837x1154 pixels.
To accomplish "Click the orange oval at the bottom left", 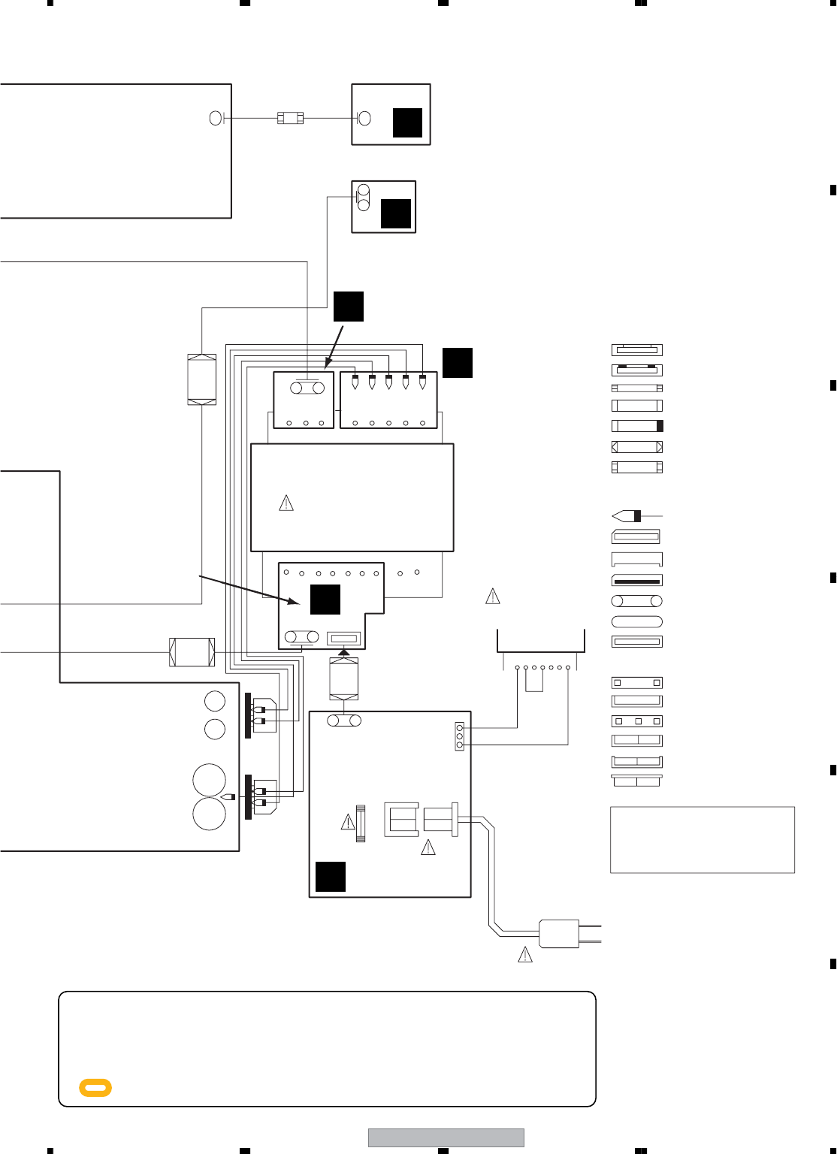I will click(95, 1087).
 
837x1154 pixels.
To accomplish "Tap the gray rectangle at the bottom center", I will click(446, 1137).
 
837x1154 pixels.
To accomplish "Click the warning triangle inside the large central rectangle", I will click(286, 503).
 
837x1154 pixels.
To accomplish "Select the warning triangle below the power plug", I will click(525, 955).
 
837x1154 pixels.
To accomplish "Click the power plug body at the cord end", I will click(559, 934).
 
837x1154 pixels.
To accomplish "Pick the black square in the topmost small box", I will click(407, 122).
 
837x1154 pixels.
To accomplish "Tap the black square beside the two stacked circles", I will click(396, 213).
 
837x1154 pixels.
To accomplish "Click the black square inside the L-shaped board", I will click(325, 599).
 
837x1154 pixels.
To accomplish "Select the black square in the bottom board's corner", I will click(331, 876).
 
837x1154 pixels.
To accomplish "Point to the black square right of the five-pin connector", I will click(457, 363).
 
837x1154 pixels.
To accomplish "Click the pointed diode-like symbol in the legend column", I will click(628, 516).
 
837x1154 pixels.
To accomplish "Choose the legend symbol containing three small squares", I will click(637, 721).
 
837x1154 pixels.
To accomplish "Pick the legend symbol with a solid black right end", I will click(637, 426).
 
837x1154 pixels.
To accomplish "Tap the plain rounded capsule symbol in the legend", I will click(637, 621).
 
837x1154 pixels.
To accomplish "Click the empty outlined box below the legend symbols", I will click(702, 840).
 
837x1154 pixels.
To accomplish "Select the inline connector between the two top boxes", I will click(290, 118).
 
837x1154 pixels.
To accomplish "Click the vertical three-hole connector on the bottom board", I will click(460, 736).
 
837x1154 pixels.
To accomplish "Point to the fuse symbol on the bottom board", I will click(360, 823).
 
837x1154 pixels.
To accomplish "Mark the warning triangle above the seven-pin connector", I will click(493, 597).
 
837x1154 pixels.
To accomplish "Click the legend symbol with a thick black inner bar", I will click(637, 581).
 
